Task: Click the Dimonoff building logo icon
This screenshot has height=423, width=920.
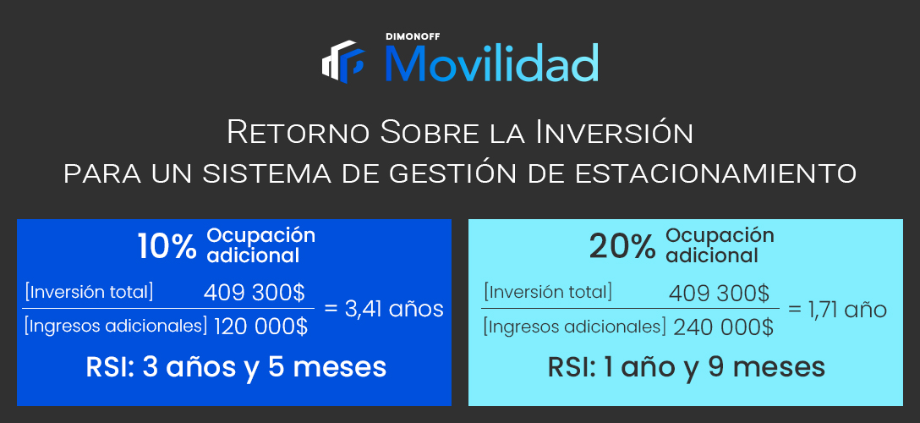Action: tap(343, 62)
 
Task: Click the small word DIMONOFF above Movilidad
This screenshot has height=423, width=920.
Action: tap(413, 36)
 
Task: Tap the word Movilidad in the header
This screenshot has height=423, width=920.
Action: tap(491, 63)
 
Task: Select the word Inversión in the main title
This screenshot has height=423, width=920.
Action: tap(614, 132)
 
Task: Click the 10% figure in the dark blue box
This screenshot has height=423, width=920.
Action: tap(167, 247)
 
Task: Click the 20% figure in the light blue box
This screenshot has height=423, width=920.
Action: tap(622, 248)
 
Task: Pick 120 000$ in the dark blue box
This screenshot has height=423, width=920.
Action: tap(260, 327)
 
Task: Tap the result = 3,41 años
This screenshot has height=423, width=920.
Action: tap(384, 309)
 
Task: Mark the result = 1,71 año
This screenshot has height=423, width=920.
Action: tap(837, 310)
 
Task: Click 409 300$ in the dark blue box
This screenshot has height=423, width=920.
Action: tap(254, 292)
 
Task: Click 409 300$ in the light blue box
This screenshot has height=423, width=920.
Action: tap(719, 292)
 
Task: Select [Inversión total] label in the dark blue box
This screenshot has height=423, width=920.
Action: tap(89, 292)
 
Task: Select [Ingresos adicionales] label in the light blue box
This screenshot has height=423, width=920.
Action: tap(574, 327)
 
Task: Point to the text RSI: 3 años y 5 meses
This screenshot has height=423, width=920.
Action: tap(236, 367)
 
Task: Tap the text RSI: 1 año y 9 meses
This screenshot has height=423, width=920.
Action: tap(687, 367)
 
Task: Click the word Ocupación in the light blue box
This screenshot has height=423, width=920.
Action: tap(720, 236)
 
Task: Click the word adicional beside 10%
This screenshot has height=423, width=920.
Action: tap(253, 255)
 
